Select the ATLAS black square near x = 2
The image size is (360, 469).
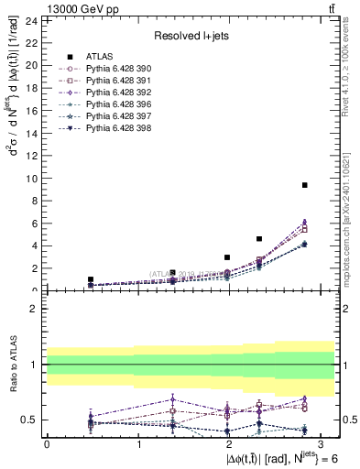[x=227, y=257]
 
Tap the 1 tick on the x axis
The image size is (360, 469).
[x=137, y=443]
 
